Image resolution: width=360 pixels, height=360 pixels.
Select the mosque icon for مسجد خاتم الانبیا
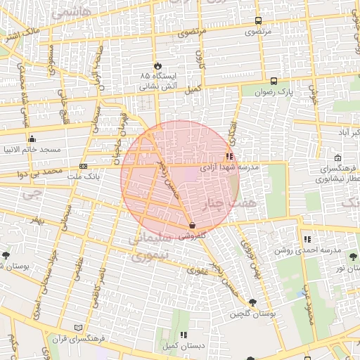tap(32, 139)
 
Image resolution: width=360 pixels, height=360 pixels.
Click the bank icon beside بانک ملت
tap(84, 167)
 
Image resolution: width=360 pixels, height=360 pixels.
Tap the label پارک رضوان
tap(274, 91)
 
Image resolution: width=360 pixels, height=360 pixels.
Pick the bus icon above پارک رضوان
tap(274, 80)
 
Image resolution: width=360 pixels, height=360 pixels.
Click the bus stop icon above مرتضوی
tap(258, 21)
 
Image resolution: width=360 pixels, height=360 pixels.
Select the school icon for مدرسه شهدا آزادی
tap(229, 157)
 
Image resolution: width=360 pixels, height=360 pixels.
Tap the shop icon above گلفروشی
tap(192, 225)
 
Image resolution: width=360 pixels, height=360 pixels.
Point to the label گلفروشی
tap(191, 236)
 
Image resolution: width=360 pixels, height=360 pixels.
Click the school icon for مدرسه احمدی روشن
tap(307, 239)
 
